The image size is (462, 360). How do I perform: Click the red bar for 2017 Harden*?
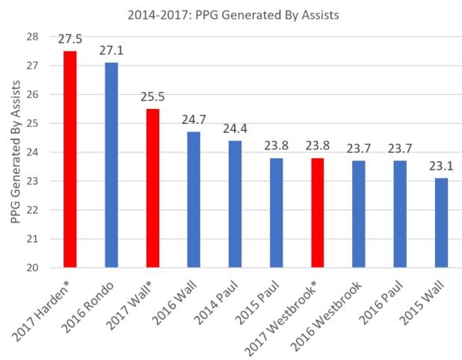(70, 159)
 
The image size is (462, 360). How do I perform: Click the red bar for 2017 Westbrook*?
(316, 213)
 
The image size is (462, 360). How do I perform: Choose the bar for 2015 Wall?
(440, 223)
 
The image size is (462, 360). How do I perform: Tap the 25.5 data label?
(152, 97)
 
